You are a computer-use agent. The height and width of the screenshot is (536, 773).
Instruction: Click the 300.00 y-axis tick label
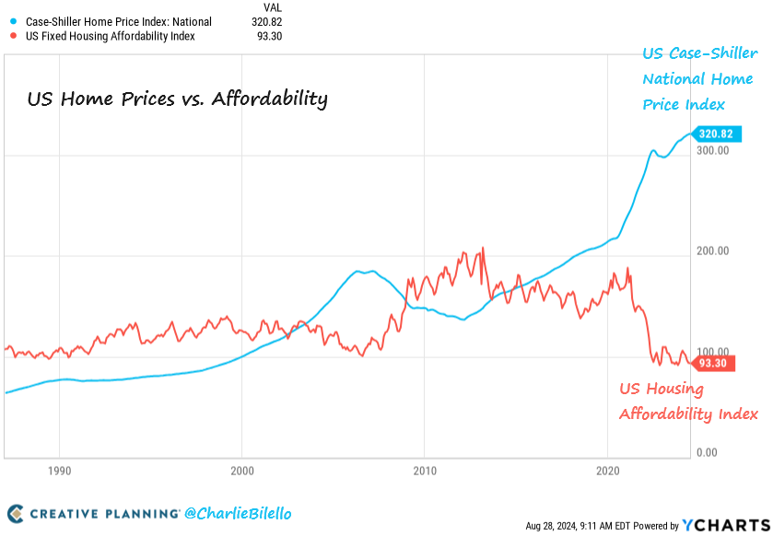(715, 149)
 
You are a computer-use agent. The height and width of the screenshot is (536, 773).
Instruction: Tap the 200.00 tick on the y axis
(715, 251)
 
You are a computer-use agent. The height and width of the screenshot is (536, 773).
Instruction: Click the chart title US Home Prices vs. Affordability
(177, 99)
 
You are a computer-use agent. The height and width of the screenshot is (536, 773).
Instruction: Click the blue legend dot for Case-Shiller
(12, 21)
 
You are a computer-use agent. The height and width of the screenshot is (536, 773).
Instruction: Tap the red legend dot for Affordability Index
(12, 36)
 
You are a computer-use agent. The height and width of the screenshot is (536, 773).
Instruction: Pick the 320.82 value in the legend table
(266, 21)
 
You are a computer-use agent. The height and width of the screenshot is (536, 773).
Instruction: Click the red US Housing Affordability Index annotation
(687, 402)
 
